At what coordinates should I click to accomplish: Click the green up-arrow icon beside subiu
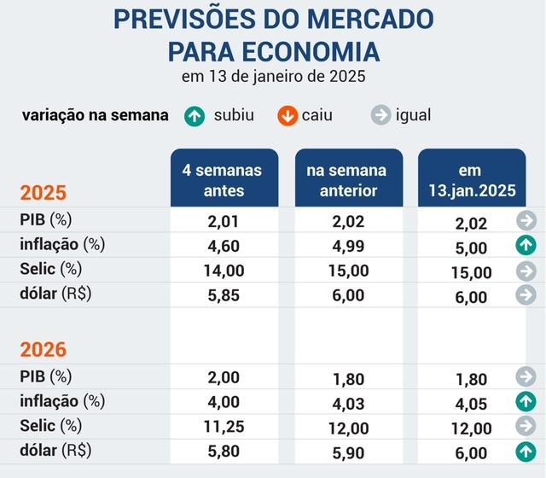tap(195, 115)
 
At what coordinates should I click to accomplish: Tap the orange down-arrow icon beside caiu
tap(286, 115)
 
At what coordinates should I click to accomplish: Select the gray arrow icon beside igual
tap(380, 115)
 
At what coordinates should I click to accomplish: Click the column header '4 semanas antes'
tap(222, 180)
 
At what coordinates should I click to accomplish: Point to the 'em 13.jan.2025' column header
tap(472, 180)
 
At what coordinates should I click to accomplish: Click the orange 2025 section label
tap(43, 192)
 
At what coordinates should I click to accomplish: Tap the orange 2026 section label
tap(43, 349)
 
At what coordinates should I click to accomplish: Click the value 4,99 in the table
tap(347, 246)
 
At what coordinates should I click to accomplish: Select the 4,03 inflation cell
tap(347, 401)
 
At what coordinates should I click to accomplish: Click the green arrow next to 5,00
tap(526, 246)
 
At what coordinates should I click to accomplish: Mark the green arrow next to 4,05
tap(526, 400)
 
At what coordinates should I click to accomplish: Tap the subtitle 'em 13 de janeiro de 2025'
tap(273, 77)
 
